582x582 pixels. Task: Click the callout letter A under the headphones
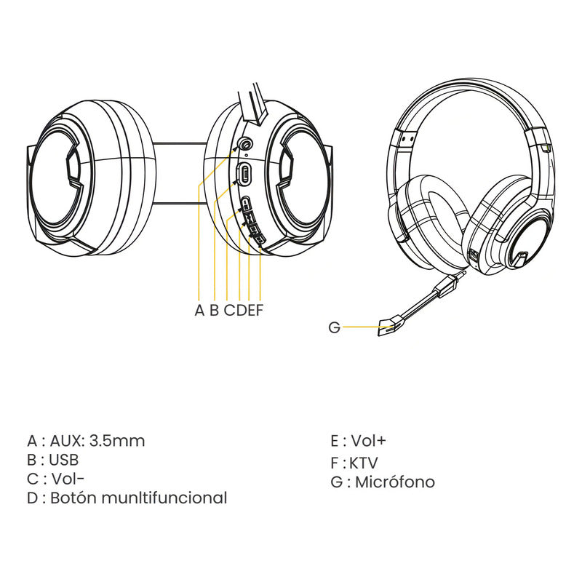click(199, 310)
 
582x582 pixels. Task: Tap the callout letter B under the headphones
click(214, 310)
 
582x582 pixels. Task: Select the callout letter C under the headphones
click(230, 310)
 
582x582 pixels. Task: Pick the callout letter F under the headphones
click(260, 310)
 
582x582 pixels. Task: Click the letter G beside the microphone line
click(334, 327)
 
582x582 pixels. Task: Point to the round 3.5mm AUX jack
click(245, 143)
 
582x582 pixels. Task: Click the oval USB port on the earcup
click(244, 173)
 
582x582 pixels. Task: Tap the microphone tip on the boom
click(391, 326)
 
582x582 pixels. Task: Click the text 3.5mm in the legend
click(117, 441)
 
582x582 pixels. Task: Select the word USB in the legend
click(64, 460)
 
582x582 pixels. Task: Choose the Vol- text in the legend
click(68, 479)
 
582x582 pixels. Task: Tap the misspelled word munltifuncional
click(164, 498)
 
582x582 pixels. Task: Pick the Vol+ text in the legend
click(369, 441)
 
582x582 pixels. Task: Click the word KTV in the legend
click(364, 463)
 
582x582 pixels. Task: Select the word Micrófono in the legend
click(395, 482)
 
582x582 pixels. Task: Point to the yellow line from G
click(367, 327)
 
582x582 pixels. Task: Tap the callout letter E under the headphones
click(251, 310)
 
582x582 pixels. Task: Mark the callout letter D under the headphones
click(242, 310)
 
